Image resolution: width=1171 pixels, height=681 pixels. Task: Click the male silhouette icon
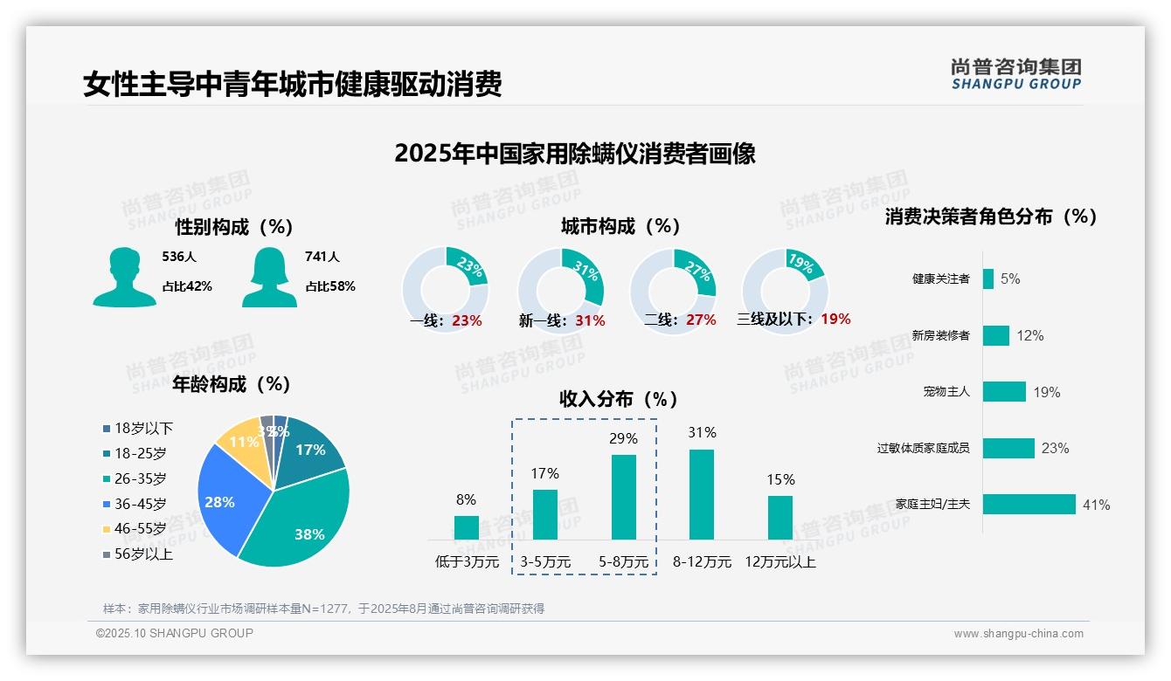(124, 277)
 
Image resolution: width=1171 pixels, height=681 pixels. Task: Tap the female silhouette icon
(269, 277)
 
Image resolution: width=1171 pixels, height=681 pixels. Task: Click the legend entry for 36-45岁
(140, 504)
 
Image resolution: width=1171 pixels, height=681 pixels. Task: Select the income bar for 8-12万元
(702, 494)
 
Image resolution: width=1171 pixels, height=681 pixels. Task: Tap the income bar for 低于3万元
(467, 527)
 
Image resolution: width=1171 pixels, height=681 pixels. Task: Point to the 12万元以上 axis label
(780, 562)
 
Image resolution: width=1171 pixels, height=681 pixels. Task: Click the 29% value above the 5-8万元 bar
(623, 438)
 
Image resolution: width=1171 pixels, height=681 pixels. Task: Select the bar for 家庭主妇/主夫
(1029, 505)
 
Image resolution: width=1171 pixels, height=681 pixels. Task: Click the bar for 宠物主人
(1004, 391)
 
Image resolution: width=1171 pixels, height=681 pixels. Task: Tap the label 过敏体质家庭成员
(924, 448)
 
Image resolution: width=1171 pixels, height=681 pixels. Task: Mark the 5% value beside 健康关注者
(1010, 279)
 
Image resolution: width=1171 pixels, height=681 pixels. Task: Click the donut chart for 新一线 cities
(561, 290)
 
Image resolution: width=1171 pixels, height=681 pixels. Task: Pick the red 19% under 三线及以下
(835, 319)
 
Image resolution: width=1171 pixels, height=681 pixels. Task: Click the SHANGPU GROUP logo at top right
(1016, 74)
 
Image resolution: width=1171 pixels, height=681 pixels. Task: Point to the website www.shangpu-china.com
(1018, 634)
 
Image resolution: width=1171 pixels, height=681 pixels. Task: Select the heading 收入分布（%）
(619, 399)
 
